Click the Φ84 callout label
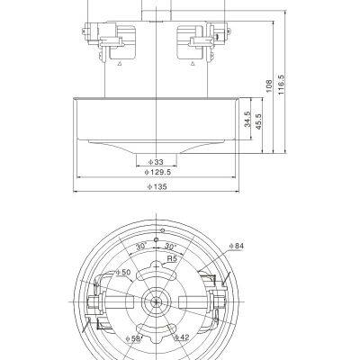(237, 245)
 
